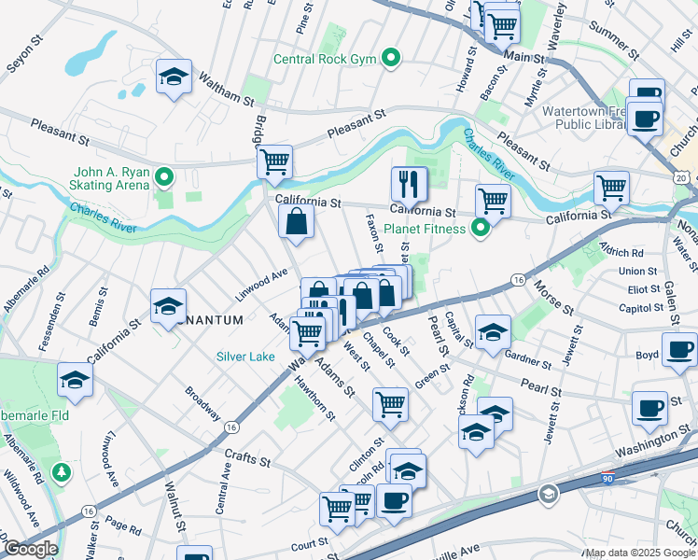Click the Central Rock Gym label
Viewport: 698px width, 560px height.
point(324,60)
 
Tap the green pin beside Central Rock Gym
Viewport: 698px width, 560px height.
point(392,60)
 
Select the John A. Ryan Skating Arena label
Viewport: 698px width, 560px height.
point(114,177)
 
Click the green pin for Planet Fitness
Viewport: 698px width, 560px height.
point(481,228)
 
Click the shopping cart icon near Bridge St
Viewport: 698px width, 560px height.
point(275,161)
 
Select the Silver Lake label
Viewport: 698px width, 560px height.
point(245,356)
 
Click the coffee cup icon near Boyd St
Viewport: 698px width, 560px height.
point(678,350)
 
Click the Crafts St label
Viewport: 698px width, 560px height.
point(247,461)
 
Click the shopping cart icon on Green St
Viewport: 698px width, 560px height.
point(390,403)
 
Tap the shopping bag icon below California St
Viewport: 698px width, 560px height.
point(296,221)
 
